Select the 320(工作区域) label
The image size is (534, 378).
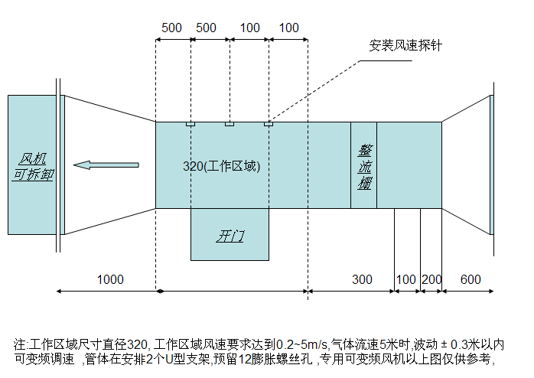coord(222,166)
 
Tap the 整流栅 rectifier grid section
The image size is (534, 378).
coord(364,165)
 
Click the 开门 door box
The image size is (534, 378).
coord(230,235)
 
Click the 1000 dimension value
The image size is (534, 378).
coord(110,279)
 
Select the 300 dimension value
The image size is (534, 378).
coord(362,279)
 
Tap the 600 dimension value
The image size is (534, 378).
coord(471,279)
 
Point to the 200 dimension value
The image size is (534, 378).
coord(432,279)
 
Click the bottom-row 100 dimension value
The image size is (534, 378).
coord(407,279)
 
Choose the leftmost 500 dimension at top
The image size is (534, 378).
coord(172,28)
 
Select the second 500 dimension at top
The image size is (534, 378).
coord(207,28)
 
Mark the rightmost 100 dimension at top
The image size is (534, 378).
coord(289,28)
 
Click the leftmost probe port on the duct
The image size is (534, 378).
coord(190,124)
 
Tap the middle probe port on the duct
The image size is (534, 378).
coord(229,124)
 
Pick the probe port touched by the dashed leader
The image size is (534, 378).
coord(268,124)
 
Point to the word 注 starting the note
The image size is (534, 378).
coord(19,344)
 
